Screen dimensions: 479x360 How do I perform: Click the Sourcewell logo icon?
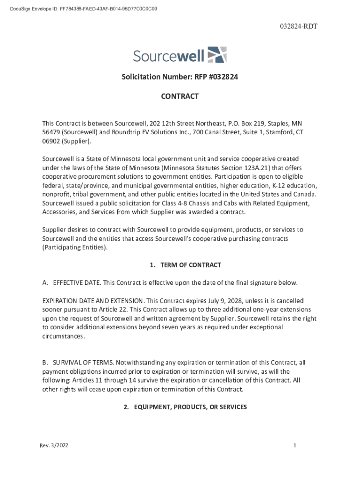216,55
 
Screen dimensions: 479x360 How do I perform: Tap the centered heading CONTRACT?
180,96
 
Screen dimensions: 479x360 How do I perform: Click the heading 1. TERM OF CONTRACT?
185,265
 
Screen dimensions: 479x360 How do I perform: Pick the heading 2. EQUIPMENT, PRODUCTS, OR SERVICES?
185,407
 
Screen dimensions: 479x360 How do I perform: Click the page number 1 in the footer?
295,446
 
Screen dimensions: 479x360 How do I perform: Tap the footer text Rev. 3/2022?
54,446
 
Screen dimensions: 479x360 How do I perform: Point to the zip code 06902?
51,141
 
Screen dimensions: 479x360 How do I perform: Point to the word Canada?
304,194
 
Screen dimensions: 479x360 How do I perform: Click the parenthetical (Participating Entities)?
75,247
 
